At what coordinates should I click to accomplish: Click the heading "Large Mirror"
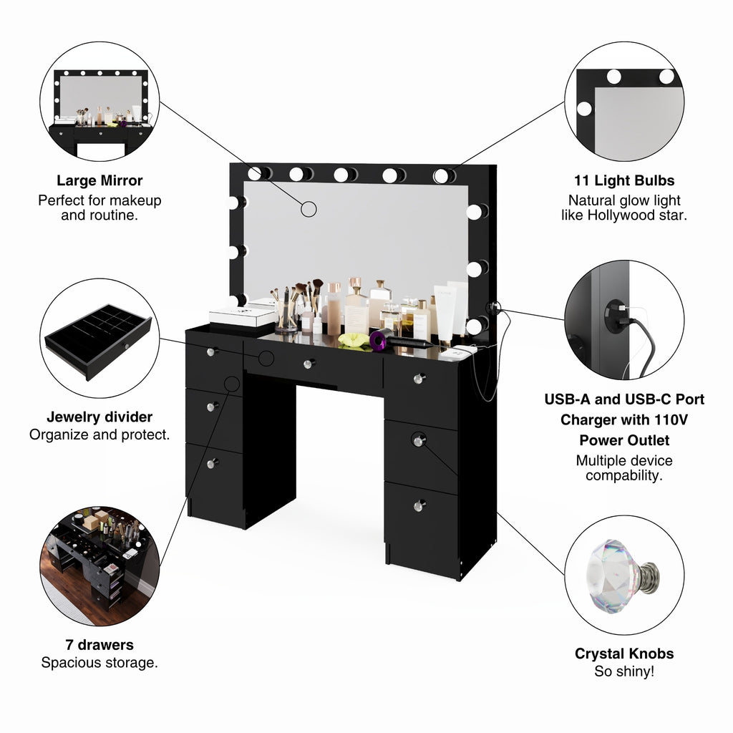coord(99,180)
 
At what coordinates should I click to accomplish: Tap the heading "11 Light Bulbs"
coord(624,180)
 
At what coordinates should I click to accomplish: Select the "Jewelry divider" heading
coord(99,417)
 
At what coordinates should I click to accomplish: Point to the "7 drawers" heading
coord(99,645)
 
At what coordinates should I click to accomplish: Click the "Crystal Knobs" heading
coord(624,654)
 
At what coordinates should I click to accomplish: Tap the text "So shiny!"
coord(624,671)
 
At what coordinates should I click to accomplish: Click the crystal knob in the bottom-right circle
coord(623,576)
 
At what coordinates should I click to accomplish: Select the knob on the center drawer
coord(309,363)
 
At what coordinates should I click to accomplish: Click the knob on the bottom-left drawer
coord(212,463)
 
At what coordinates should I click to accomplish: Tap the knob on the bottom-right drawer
coord(419,505)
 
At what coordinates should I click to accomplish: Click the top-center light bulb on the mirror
coord(345,175)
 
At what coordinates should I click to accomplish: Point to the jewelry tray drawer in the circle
coord(99,341)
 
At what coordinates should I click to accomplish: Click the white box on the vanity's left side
coord(242,316)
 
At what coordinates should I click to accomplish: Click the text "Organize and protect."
coord(99,435)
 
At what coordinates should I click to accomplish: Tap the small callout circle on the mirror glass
coord(309,209)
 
